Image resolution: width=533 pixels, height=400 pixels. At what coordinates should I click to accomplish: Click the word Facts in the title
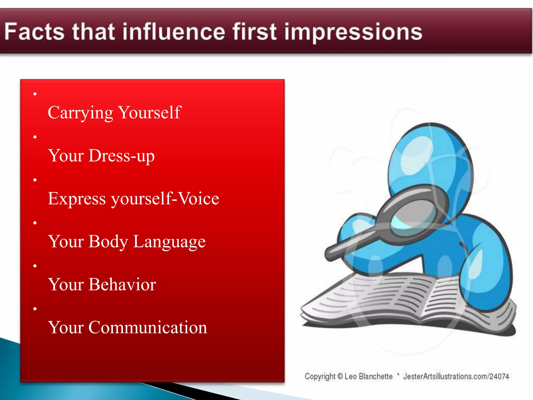(x=34, y=32)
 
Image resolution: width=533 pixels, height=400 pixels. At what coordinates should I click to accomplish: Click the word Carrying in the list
(x=80, y=113)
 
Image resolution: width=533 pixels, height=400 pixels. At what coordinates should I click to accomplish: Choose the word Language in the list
(x=169, y=242)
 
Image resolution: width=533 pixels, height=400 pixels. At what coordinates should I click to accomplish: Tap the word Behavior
(x=122, y=284)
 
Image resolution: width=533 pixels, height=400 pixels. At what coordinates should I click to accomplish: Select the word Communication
(x=148, y=327)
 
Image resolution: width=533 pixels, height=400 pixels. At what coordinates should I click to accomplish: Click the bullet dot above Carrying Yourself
(x=35, y=94)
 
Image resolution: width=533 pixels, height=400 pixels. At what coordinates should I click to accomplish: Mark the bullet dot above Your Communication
(x=35, y=309)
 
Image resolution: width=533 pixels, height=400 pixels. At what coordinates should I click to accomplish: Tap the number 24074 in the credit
(x=499, y=376)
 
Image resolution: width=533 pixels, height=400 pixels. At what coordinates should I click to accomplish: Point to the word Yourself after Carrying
(x=149, y=113)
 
